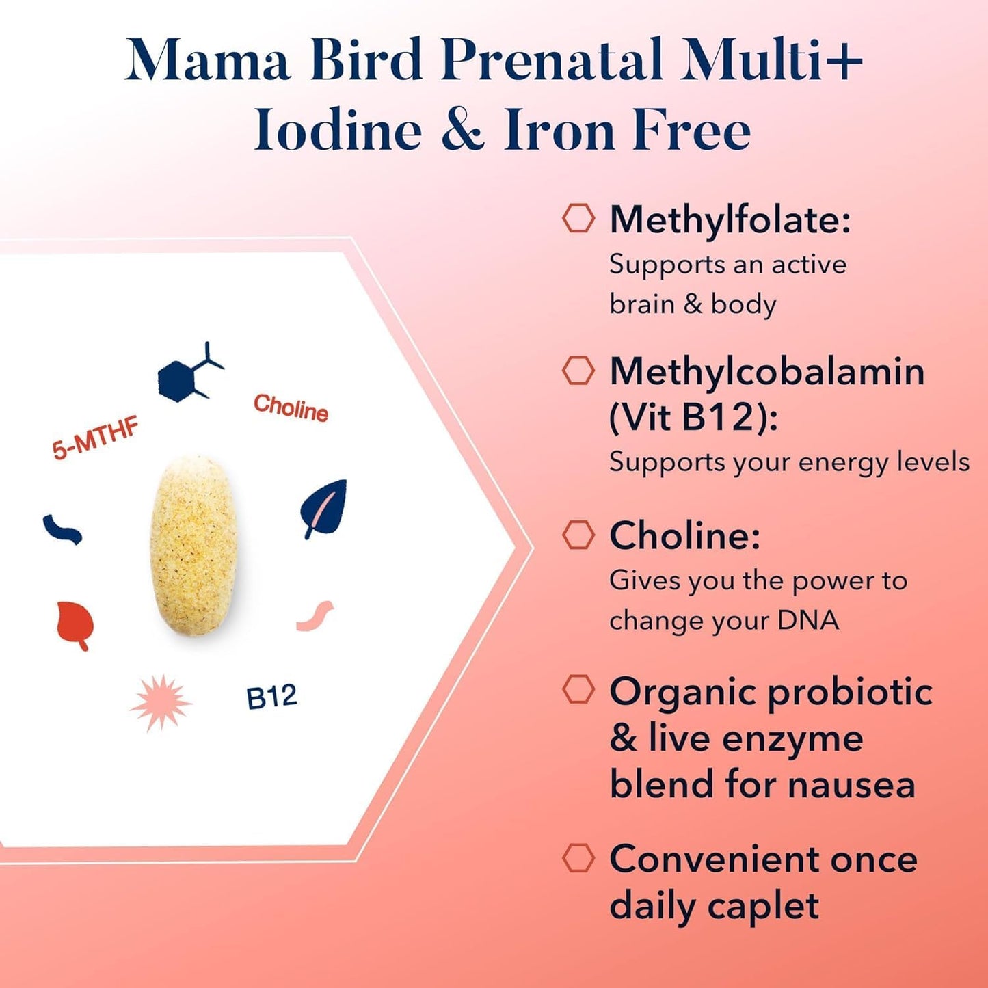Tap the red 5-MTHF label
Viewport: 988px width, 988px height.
click(96, 438)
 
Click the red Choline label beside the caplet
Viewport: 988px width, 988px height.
click(291, 408)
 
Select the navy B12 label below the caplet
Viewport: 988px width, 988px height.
click(271, 697)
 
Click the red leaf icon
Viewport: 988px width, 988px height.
click(75, 624)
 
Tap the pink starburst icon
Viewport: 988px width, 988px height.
click(161, 703)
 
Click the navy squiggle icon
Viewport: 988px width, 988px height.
click(62, 529)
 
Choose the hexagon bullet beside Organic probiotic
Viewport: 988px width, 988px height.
click(578, 689)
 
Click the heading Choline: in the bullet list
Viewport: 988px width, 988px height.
click(684, 535)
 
